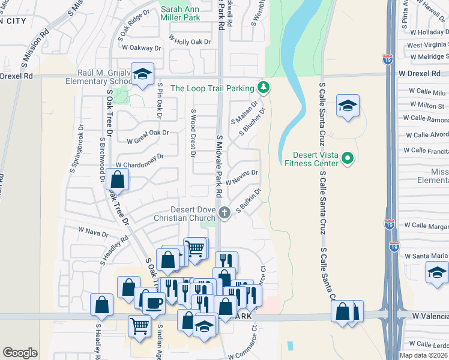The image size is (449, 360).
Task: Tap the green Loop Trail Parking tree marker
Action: point(263,88)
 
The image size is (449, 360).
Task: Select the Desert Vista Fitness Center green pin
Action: point(348,159)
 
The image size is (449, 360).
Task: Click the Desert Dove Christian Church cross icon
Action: point(224,211)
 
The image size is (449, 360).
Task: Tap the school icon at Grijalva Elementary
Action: point(142,74)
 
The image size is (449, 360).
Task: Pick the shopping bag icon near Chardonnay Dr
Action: point(118,179)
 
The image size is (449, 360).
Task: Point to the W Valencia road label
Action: point(429,315)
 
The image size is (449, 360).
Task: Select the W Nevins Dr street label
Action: point(241,178)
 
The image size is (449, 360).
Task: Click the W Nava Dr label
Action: point(92,230)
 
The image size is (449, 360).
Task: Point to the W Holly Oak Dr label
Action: point(190,42)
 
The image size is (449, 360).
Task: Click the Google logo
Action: point(20,353)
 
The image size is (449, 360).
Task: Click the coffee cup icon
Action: point(155,303)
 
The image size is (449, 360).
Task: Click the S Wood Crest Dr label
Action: point(193,133)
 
